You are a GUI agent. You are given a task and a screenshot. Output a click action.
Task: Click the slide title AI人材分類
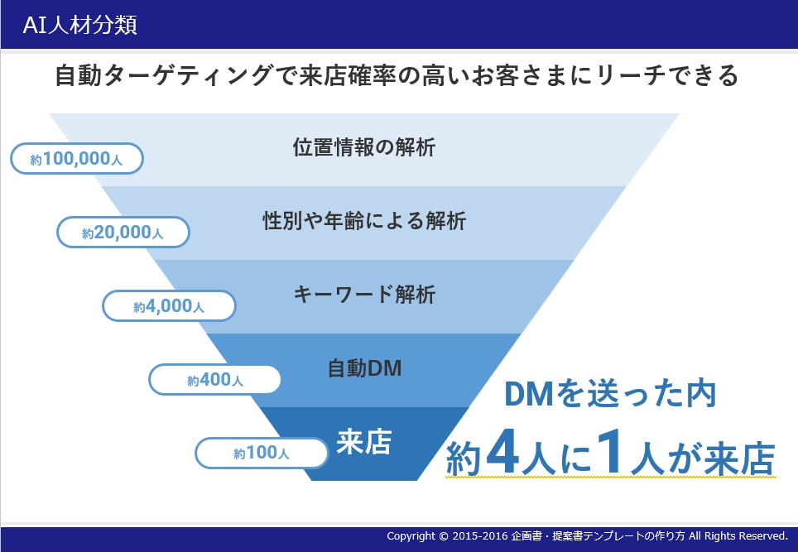click(80, 25)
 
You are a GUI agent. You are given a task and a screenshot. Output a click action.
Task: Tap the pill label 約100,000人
click(77, 159)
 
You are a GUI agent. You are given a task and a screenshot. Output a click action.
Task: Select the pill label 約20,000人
click(123, 233)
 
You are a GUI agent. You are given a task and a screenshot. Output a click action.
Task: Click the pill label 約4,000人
click(169, 305)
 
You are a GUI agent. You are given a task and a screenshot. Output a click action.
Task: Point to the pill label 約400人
click(214, 380)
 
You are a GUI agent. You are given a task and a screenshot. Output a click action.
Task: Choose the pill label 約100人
click(261, 453)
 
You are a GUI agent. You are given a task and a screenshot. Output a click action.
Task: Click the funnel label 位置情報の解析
click(364, 147)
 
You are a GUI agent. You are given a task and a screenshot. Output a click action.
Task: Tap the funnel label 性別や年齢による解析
click(364, 221)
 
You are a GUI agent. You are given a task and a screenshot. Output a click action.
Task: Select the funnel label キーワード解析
click(364, 295)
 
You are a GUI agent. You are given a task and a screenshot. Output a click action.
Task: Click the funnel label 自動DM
click(364, 367)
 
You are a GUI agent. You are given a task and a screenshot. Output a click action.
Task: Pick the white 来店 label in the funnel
click(364, 442)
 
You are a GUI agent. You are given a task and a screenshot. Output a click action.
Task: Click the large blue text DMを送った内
click(610, 394)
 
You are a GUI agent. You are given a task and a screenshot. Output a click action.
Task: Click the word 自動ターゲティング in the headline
click(163, 76)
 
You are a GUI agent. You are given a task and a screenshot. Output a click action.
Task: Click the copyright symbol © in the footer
click(443, 536)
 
